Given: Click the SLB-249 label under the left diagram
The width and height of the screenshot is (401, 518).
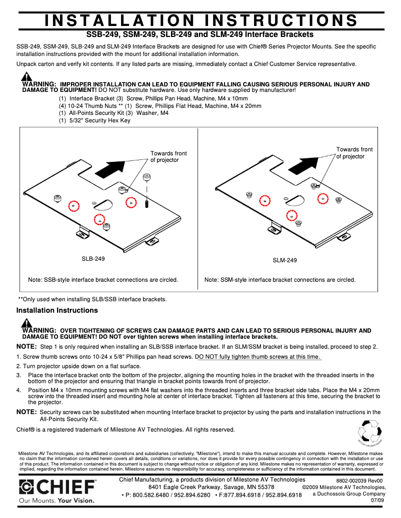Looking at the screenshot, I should pyautogui.click(x=93, y=259).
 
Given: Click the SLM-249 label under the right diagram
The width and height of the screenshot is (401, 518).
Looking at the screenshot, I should pyautogui.click(x=284, y=260).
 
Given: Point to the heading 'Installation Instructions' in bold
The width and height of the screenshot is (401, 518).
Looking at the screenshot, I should pyautogui.click(x=57, y=310).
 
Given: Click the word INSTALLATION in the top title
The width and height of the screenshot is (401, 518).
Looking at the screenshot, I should pyautogui.click(x=119, y=20).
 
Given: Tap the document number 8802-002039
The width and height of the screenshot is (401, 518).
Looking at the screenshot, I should pyautogui.click(x=353, y=481).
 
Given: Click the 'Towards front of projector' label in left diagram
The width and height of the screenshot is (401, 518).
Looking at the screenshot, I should pyautogui.click(x=168, y=156).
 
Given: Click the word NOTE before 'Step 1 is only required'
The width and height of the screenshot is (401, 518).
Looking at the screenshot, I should pyautogui.click(x=26, y=346).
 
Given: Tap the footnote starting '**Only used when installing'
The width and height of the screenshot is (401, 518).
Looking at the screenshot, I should pyautogui.click(x=92, y=299).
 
